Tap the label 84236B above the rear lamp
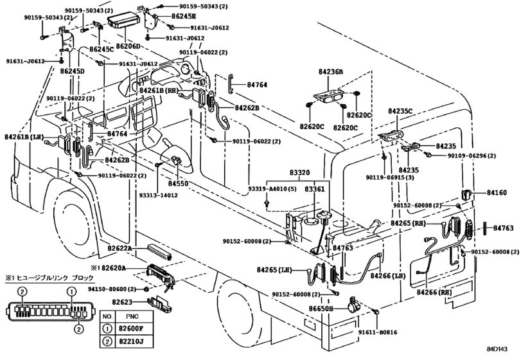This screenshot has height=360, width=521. click(331, 72)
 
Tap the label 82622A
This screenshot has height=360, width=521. click(120, 248)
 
